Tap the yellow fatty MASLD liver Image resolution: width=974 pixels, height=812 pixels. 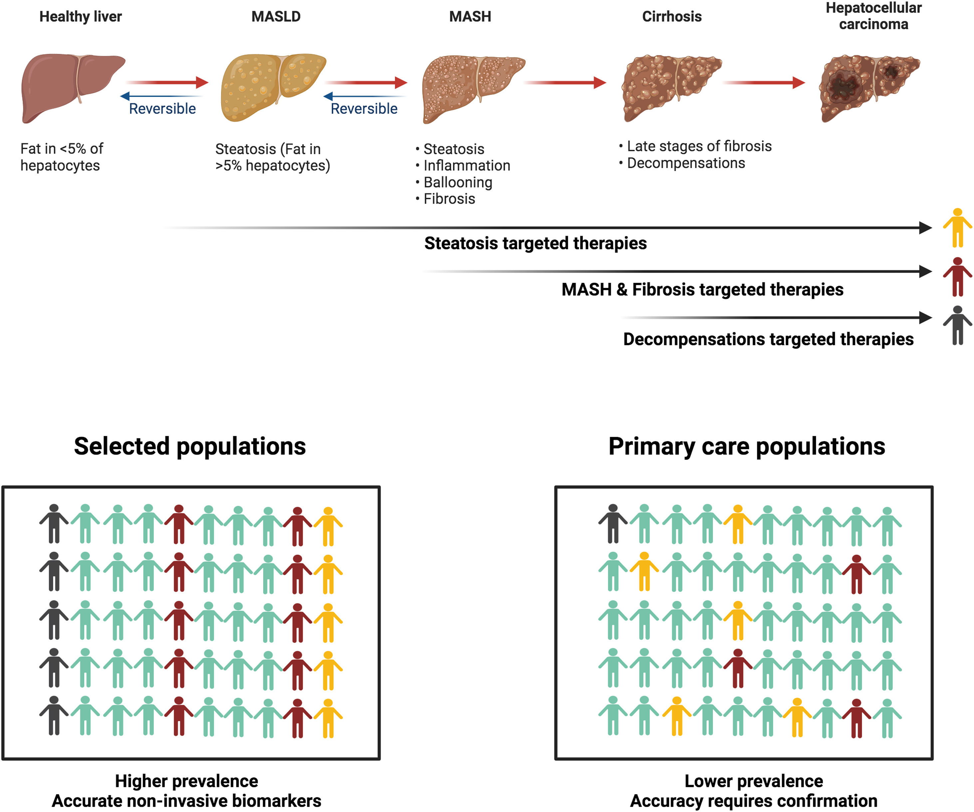[271, 86]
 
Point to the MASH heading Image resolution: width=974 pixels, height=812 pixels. [470, 17]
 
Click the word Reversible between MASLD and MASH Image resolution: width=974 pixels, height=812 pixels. [364, 109]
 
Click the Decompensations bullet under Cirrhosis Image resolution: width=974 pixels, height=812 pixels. [686, 163]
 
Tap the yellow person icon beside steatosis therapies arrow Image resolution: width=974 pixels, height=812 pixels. [957, 228]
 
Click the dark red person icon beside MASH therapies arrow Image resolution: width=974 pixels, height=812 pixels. [957, 277]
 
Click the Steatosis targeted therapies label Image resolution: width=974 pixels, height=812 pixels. [535, 243]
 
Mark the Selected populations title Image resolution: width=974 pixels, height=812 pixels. [190, 446]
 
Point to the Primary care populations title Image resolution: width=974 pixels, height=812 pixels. [747, 446]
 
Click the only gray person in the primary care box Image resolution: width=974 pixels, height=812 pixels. [613, 524]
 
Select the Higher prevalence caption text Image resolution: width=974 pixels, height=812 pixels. [186, 781]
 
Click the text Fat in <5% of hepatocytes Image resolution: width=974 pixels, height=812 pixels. [62, 157]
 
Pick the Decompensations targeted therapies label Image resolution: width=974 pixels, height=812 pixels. [768, 339]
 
